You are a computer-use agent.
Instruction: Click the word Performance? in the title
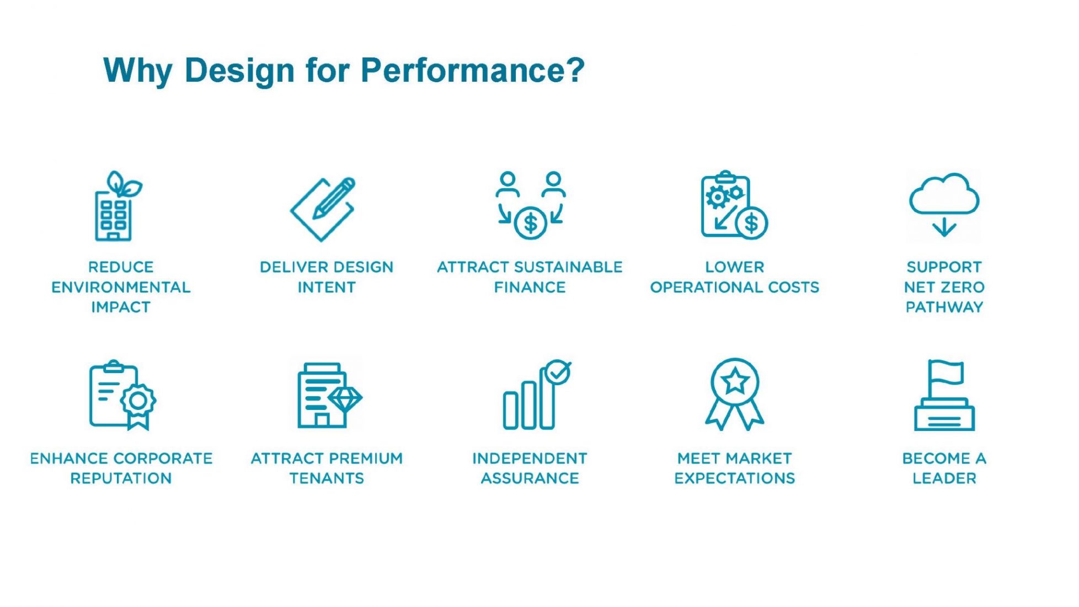tap(472, 71)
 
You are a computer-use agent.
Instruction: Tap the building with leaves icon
tap(117, 206)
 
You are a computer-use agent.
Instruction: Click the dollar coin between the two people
tap(530, 223)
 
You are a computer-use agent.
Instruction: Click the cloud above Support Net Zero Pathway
tap(944, 194)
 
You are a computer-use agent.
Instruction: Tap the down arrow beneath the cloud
tap(944, 227)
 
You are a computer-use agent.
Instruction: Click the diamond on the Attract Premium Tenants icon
tap(345, 398)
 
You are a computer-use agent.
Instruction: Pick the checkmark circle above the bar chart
tap(557, 372)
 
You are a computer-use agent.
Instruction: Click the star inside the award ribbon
tap(735, 381)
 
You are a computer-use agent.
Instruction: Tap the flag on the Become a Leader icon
tap(946, 374)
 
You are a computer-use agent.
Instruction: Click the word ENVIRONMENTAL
tap(121, 287)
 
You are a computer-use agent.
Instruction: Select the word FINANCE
tap(530, 287)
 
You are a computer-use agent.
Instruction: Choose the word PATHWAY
tap(944, 307)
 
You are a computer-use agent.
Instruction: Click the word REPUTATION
tap(121, 478)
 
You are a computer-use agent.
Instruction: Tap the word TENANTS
tap(327, 478)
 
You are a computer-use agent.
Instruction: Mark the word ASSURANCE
tap(530, 478)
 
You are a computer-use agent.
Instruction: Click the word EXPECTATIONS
tap(735, 478)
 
